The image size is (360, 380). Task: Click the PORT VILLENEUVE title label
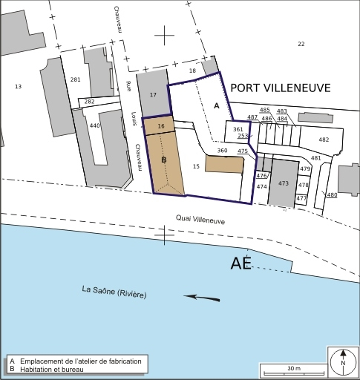coord(280,88)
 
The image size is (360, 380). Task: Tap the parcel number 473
coord(283,183)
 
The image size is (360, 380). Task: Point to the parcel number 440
coord(94,126)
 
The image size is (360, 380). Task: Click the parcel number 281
coord(75,79)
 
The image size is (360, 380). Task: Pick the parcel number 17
coord(153,95)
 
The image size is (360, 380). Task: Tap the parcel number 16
coord(161,127)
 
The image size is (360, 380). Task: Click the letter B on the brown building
coord(163,160)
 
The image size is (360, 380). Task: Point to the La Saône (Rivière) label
coord(114,292)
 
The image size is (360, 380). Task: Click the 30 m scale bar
coord(293,370)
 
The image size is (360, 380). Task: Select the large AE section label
coord(241,263)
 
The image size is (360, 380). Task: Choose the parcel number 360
coord(222,151)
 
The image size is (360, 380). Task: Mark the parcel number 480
coord(332,195)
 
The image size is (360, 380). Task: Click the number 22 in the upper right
coord(301,45)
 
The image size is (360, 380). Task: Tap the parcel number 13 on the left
coord(19,87)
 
